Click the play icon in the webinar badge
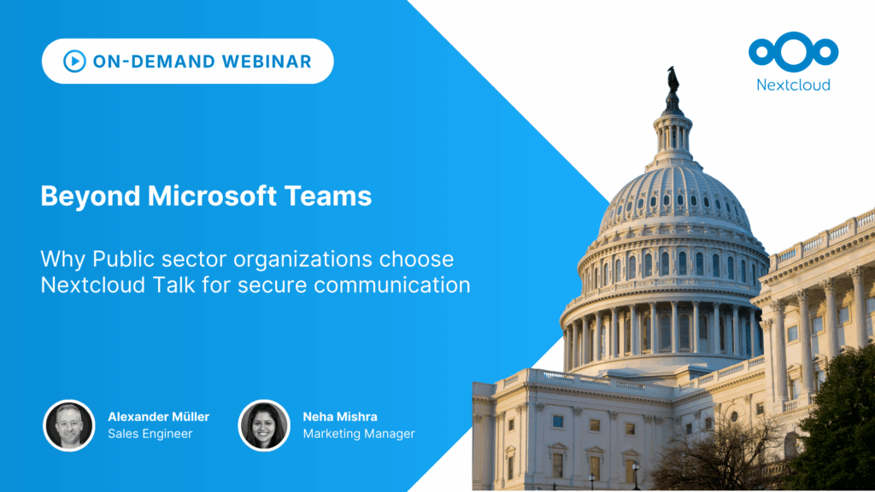coord(74,61)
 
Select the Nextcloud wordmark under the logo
coord(793,85)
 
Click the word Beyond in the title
coord(88,196)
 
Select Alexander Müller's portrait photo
coord(68,425)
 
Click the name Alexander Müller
coord(158,417)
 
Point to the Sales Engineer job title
coord(150,434)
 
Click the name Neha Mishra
coord(339,417)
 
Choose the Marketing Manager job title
coord(358,434)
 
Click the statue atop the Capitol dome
coord(672,79)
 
